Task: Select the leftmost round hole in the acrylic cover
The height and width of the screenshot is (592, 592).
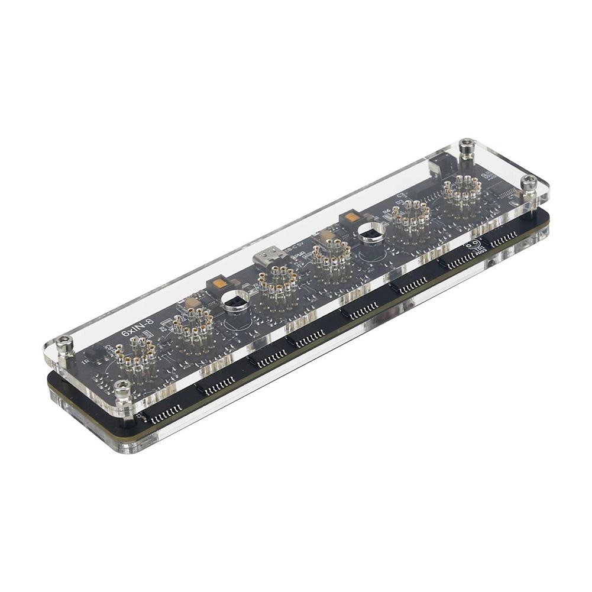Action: (235, 302)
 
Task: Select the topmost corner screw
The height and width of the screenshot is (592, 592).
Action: (467, 145)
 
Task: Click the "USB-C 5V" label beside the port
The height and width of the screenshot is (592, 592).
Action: (294, 248)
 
